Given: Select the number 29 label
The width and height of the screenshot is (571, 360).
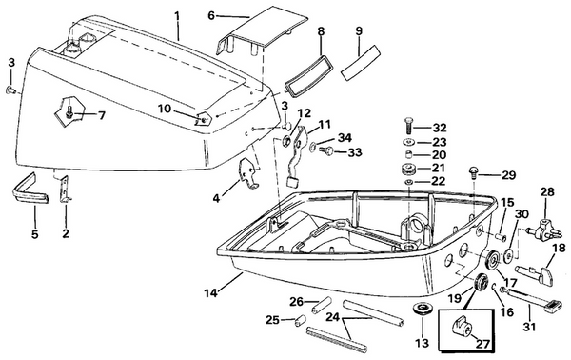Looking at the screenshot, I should pyautogui.click(x=508, y=176).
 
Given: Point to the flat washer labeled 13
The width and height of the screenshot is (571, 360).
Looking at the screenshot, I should pyautogui.click(x=421, y=310).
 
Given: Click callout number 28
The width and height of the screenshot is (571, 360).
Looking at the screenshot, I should pyautogui.click(x=546, y=191).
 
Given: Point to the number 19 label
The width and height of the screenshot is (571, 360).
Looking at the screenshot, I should pyautogui.click(x=454, y=296).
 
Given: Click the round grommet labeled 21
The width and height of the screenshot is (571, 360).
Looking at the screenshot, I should pyautogui.click(x=411, y=170).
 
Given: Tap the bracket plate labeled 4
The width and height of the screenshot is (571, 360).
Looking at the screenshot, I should pyautogui.click(x=248, y=175).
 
